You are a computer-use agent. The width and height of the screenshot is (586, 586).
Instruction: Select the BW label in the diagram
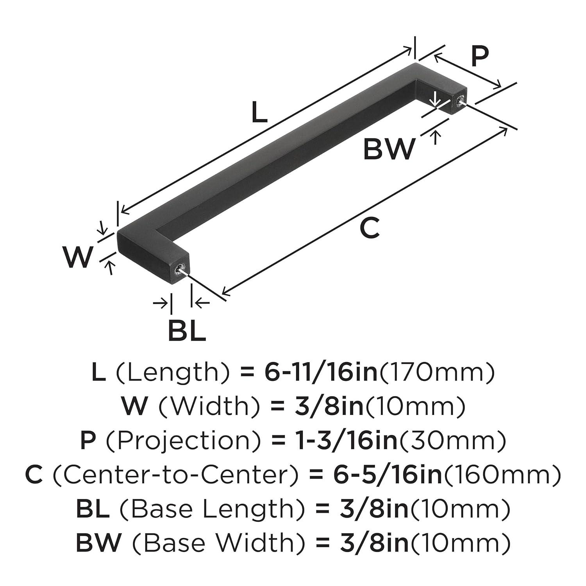(x=388, y=149)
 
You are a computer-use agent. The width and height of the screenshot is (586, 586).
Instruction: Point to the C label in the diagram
(x=369, y=228)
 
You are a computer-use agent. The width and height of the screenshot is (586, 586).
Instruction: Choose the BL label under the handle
(x=187, y=331)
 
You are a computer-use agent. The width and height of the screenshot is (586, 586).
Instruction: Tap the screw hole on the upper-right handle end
(x=458, y=100)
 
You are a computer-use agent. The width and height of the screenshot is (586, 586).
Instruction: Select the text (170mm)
(x=437, y=373)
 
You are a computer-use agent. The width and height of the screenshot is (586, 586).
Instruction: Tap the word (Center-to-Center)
(x=175, y=475)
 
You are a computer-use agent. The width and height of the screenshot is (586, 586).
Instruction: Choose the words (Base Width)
(x=213, y=543)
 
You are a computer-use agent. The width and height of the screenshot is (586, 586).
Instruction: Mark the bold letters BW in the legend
(x=98, y=543)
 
